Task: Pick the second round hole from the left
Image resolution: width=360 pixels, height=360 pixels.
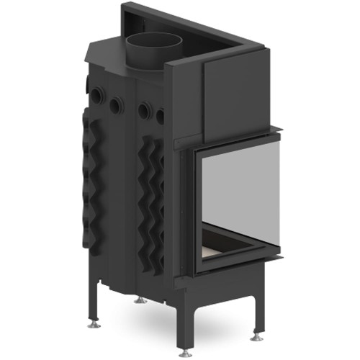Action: click(115, 106)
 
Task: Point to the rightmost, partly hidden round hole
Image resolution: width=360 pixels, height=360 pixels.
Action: click(160, 115)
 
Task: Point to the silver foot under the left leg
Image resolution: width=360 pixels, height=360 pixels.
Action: click(94, 323)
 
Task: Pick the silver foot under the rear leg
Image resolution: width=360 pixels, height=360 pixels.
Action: click(142, 300)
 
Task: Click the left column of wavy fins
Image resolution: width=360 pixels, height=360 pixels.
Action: click(93, 180)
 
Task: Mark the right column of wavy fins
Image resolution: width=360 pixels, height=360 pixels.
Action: click(153, 194)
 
